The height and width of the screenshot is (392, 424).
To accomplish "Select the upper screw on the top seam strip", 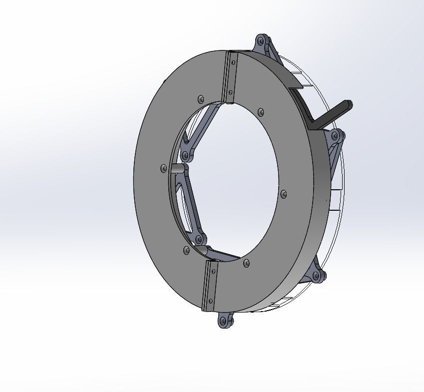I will [233, 62].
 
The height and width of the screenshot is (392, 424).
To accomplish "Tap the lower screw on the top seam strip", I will [231, 92].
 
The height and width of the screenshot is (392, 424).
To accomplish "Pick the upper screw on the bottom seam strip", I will [213, 272].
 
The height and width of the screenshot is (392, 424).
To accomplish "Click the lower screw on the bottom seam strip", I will [210, 301].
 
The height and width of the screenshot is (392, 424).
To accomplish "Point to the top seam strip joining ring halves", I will [232, 77].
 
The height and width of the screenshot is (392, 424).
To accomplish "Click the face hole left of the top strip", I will [201, 99].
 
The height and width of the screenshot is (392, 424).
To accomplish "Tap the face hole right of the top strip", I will [261, 112].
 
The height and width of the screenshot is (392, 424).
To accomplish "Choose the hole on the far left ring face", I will [163, 168].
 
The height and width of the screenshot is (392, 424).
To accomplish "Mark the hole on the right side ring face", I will [284, 194].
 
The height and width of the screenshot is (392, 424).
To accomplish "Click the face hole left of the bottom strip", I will [187, 250].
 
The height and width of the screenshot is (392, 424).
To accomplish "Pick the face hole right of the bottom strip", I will [246, 262].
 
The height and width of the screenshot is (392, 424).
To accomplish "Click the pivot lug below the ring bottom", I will [226, 320].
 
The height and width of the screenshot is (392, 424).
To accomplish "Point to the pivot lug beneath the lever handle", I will [336, 135].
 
